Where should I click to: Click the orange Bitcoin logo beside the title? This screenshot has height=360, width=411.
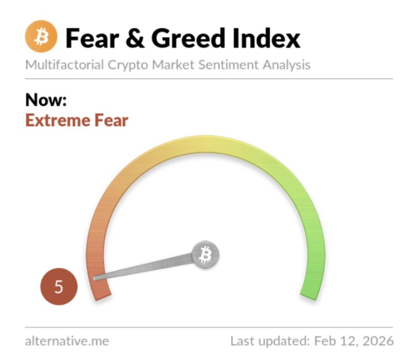(41, 36)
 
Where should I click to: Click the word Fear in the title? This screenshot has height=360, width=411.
(92, 38)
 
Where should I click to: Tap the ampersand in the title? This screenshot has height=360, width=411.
(135, 38)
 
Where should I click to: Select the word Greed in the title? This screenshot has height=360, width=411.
(188, 38)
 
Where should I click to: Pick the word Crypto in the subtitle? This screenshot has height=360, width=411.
(128, 65)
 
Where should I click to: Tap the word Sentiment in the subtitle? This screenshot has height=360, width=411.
(228, 64)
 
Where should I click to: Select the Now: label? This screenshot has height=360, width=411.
(46, 100)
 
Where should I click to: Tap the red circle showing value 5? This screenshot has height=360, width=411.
(59, 287)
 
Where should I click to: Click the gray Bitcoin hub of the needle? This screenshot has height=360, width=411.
(205, 255)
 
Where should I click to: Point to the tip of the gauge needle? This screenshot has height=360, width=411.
(94, 279)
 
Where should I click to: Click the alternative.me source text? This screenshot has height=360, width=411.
(67, 341)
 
